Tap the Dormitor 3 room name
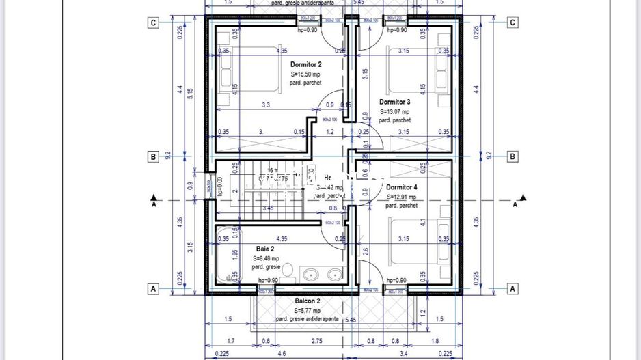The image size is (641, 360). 395,102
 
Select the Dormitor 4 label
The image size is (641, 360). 401,186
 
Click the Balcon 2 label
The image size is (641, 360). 308,301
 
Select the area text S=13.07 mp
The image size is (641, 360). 394,111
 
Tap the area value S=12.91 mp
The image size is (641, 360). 401,196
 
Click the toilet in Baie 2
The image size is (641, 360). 288,271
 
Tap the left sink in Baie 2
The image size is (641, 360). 310,274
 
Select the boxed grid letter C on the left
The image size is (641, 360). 154,23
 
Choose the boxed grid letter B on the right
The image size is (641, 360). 513,156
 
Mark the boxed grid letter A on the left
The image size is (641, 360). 154,289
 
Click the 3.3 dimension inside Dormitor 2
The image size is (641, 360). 266,105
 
